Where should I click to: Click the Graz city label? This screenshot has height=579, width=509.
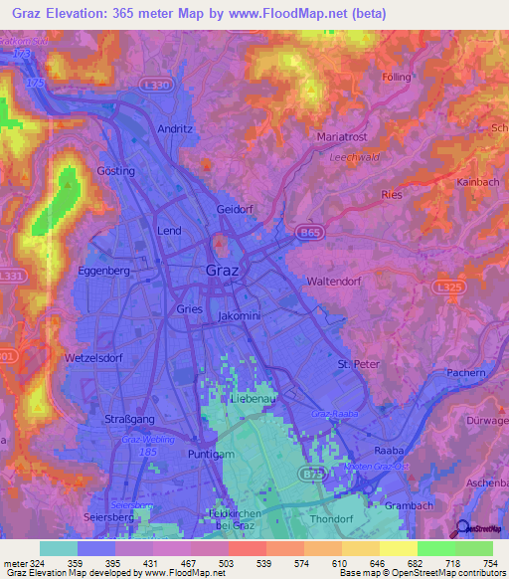point(221,271)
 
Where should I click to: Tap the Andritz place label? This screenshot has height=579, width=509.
point(175,129)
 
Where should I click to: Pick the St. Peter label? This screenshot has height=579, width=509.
point(359,364)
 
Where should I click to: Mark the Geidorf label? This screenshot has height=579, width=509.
point(237,210)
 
